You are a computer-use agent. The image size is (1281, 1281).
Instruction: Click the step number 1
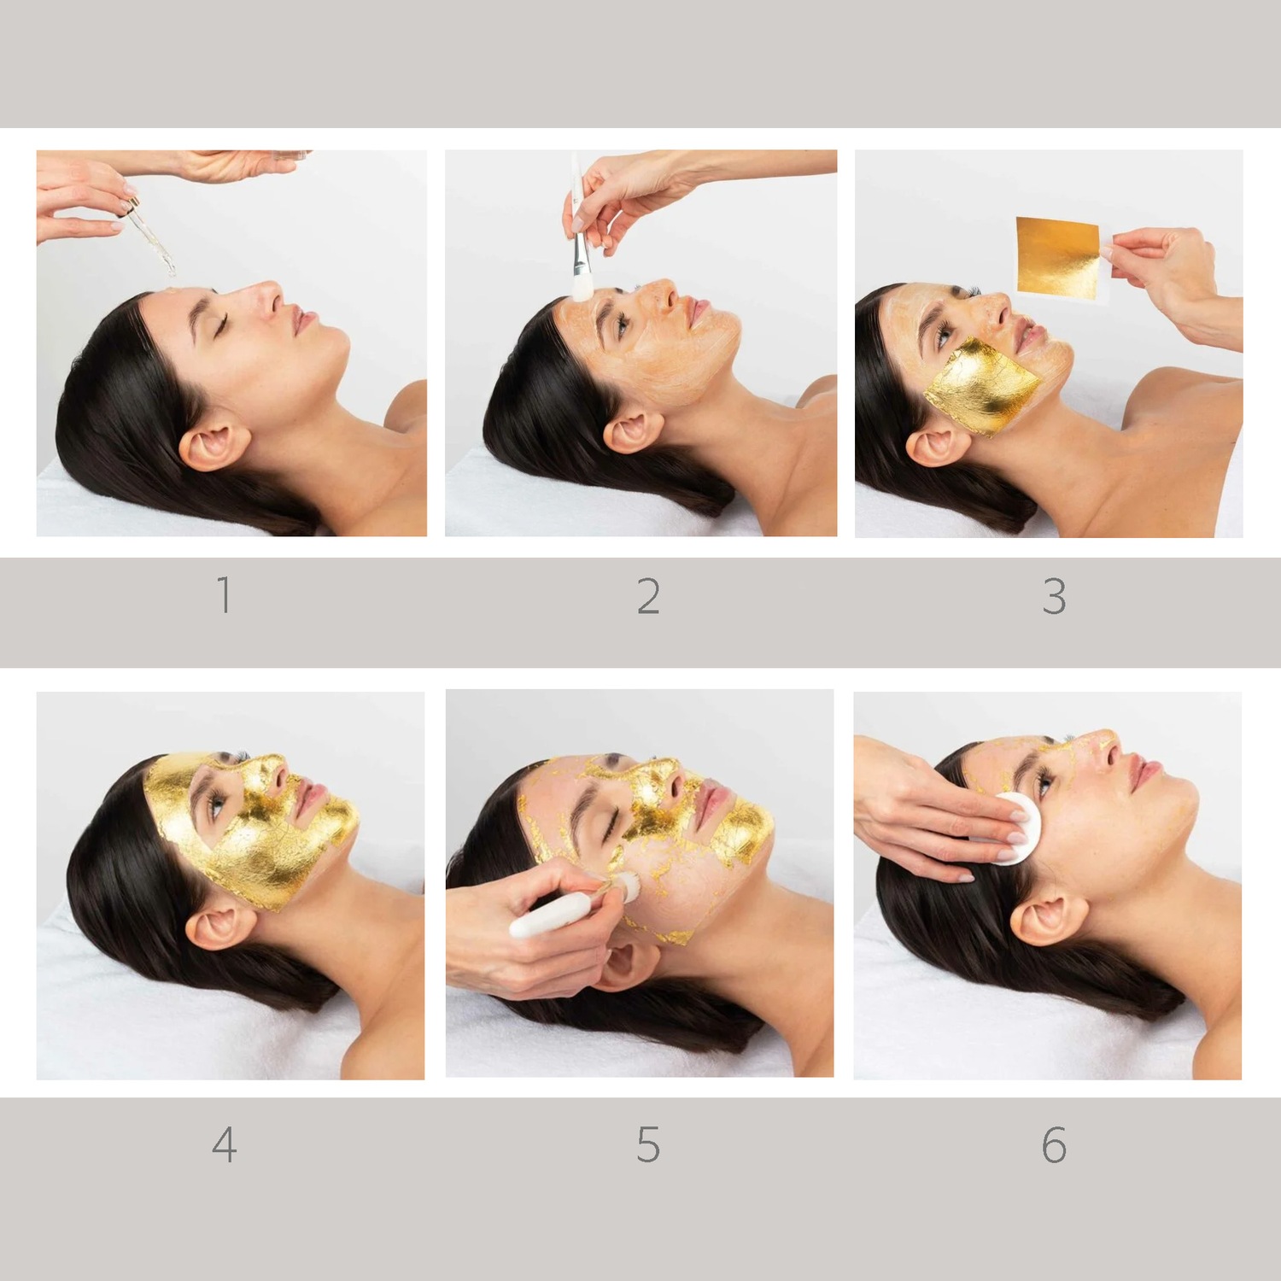tap(225, 595)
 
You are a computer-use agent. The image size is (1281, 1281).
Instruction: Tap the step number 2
tap(648, 596)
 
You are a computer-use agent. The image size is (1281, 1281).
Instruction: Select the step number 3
tap(1054, 596)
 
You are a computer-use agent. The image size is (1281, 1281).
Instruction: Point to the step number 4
tap(224, 1144)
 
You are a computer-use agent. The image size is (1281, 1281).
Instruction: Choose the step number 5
tap(648, 1144)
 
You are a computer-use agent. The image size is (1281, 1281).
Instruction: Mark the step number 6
tap(1054, 1144)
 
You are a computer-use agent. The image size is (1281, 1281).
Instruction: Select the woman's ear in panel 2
tap(633, 431)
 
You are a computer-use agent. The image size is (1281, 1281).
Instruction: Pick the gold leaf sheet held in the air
tap(1057, 257)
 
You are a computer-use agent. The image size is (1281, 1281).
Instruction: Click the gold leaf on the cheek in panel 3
tap(982, 386)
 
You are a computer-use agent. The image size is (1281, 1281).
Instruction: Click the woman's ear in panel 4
tap(218, 927)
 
